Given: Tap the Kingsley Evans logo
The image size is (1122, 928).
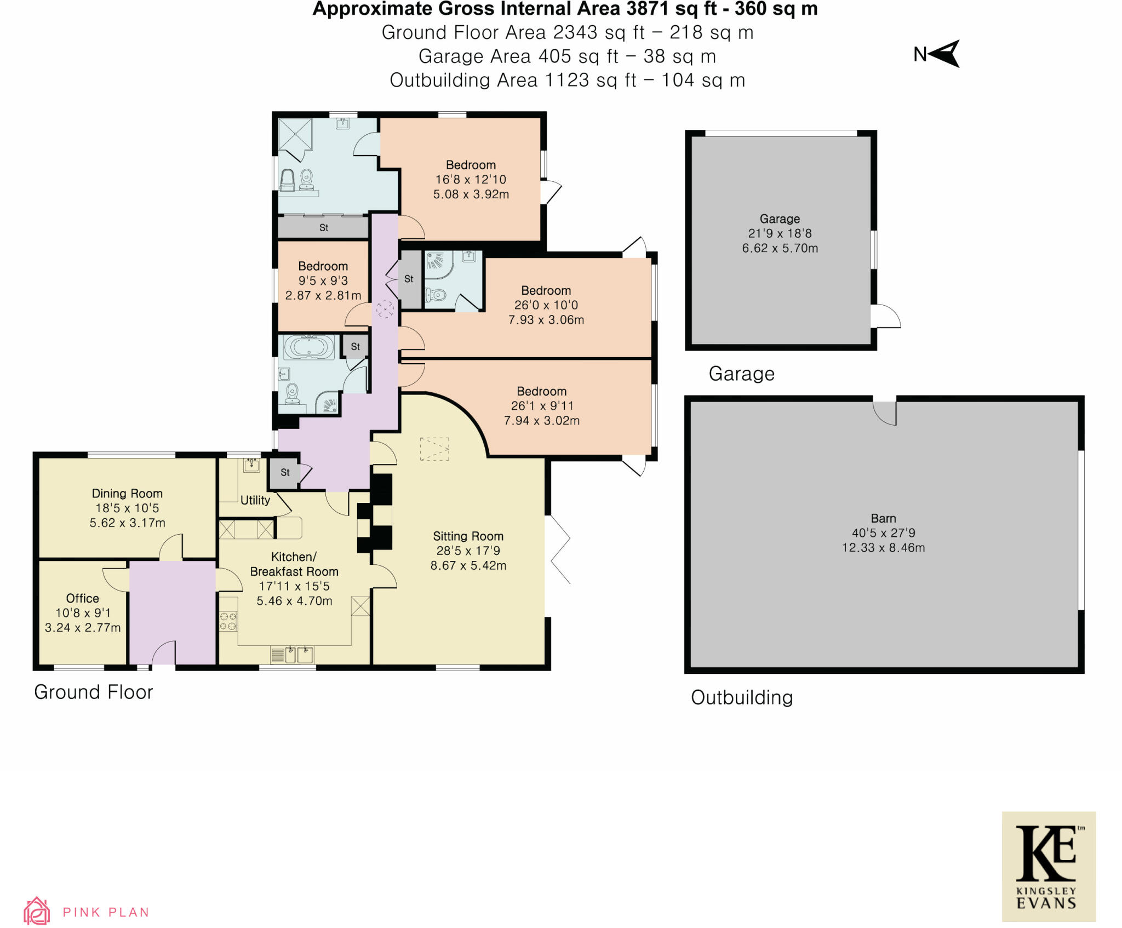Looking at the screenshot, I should (1048, 867).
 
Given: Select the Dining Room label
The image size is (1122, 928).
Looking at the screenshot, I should (127, 494).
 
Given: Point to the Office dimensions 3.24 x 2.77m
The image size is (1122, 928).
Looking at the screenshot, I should (83, 628).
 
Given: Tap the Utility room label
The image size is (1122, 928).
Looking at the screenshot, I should (255, 500).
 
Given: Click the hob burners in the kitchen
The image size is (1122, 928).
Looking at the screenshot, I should (228, 621).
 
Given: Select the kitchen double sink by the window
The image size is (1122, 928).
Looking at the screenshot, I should (299, 654).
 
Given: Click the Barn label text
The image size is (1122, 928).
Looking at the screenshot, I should (883, 518).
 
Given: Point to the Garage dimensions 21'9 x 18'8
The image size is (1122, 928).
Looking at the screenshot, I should (780, 233).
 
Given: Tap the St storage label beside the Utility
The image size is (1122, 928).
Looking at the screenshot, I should (285, 472).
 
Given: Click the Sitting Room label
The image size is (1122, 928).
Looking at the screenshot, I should (468, 536).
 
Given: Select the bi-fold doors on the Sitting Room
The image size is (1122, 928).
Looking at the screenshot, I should (559, 549).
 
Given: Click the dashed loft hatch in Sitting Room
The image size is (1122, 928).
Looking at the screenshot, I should (434, 449).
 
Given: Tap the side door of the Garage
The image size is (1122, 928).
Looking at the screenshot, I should (884, 316).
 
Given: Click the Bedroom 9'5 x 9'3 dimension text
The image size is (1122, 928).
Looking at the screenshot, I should (323, 281).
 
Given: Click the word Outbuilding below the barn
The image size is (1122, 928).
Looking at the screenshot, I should (741, 697).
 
